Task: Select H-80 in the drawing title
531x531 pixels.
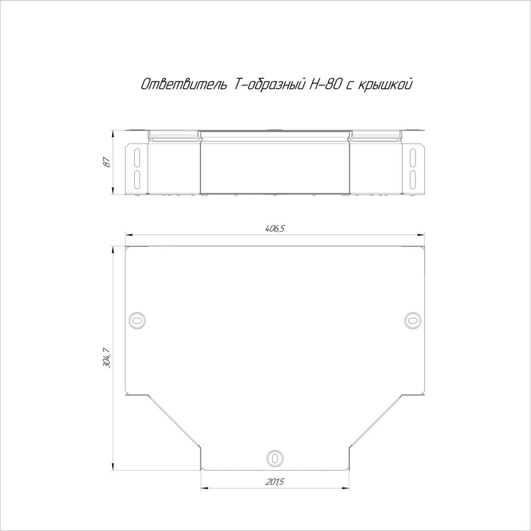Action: pos(325,84)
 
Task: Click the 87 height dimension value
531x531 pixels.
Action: pos(107,162)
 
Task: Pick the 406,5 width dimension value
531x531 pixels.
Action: pos(275,228)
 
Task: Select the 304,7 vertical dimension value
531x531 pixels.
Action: pos(107,358)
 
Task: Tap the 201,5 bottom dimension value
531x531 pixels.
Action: pos(275,482)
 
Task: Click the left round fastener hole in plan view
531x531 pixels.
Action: pos(137,320)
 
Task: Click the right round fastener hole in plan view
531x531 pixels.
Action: pos(413,320)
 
